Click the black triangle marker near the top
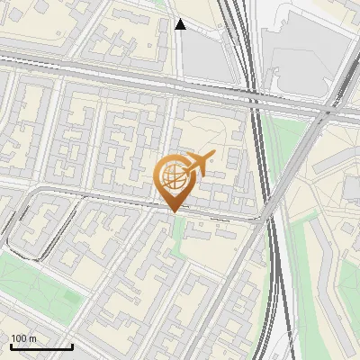coord(181,24)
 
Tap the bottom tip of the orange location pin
coord(173,212)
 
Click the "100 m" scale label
coord(23,338)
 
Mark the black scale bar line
coord(40,346)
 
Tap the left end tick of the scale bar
coord(10,346)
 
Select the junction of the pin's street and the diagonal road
coord(266,219)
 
